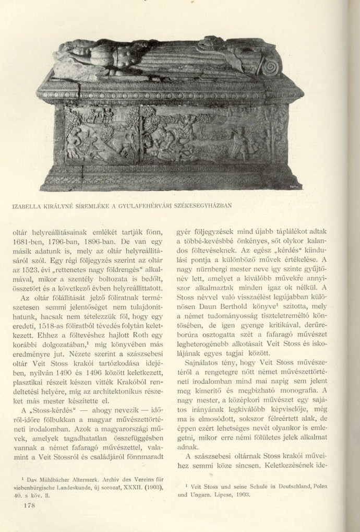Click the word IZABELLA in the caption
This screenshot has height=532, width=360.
(x=27, y=205)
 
